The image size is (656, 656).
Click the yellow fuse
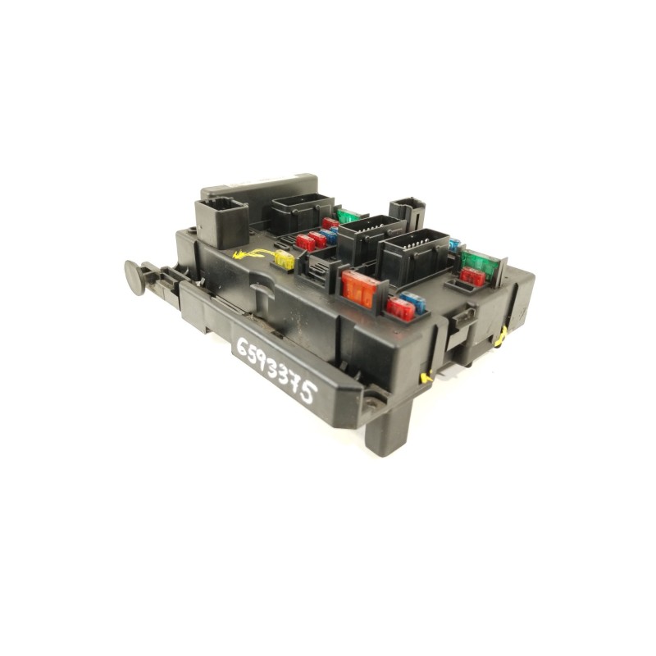pos(285,261)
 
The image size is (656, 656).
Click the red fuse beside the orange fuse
pos(400,309)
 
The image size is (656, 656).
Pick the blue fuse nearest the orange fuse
pos(415,303)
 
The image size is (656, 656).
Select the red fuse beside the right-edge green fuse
pos(472,277)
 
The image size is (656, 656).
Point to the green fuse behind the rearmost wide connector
pos(348,216)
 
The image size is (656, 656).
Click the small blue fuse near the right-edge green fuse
pos(453,244)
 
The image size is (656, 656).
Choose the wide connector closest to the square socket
pos(300,212)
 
